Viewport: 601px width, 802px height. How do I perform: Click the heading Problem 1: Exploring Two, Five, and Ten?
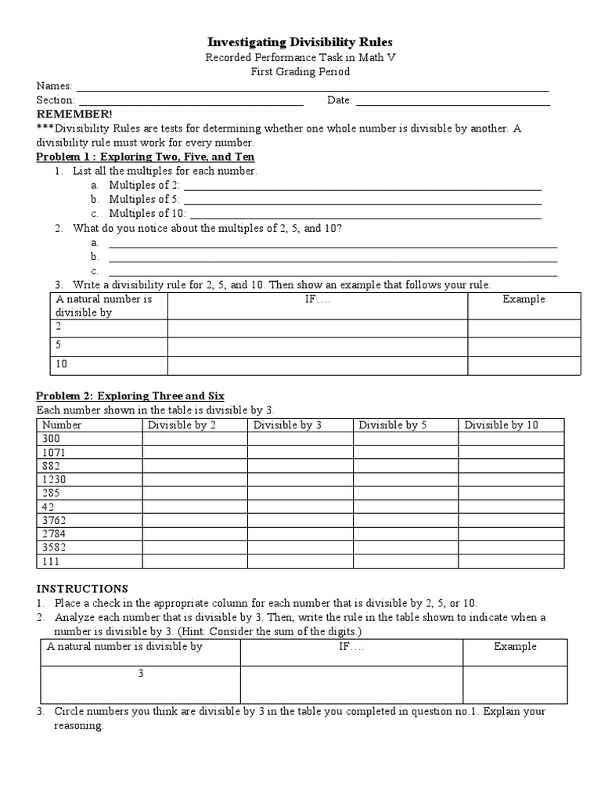[146, 157]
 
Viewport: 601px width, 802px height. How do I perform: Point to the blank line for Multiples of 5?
[362, 200]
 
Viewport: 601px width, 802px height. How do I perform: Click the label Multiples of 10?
[147, 213]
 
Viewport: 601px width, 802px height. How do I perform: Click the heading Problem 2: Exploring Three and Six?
[131, 396]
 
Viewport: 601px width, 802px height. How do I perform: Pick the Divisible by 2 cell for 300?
[194, 439]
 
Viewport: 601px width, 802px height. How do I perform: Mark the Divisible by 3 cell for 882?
[300, 466]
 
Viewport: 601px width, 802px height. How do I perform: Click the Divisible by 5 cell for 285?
[405, 493]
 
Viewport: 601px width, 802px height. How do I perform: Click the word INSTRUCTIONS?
[82, 588]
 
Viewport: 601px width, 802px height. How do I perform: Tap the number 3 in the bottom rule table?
[141, 673]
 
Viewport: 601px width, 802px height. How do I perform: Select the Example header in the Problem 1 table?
[524, 299]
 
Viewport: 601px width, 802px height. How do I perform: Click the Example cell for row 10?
[524, 364]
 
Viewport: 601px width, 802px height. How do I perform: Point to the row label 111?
[52, 561]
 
